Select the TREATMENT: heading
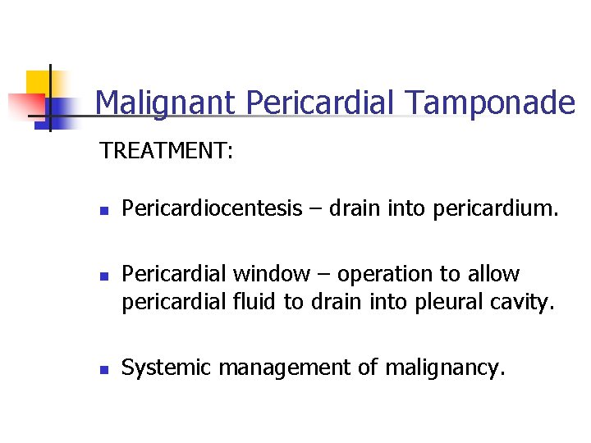[x=167, y=151]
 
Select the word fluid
[x=254, y=302]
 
